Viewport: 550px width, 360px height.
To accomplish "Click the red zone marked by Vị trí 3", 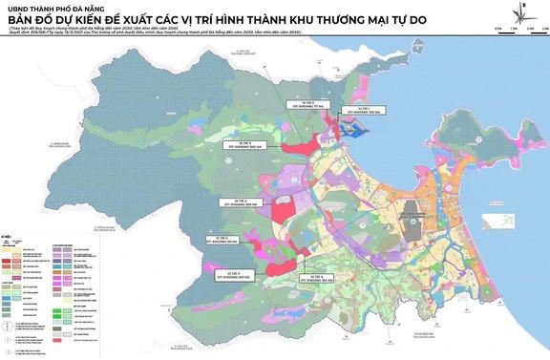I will tap(297, 147).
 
